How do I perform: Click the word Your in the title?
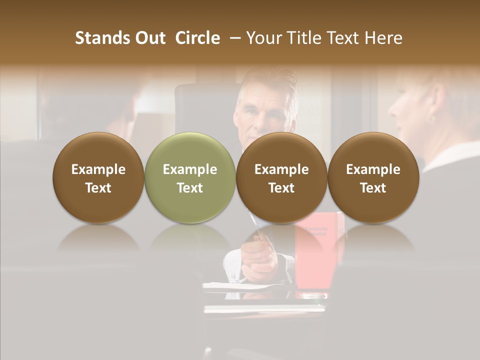pyautogui.click(x=263, y=38)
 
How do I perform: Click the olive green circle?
pyautogui.click(x=190, y=177)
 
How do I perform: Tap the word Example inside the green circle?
pyautogui.click(x=190, y=169)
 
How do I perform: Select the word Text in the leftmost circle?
pyautogui.click(x=98, y=188)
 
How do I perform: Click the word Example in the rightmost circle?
pyautogui.click(x=373, y=169)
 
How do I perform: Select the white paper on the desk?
pyautogui.click(x=240, y=285)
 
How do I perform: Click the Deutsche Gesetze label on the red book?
pyautogui.click(x=315, y=231)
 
